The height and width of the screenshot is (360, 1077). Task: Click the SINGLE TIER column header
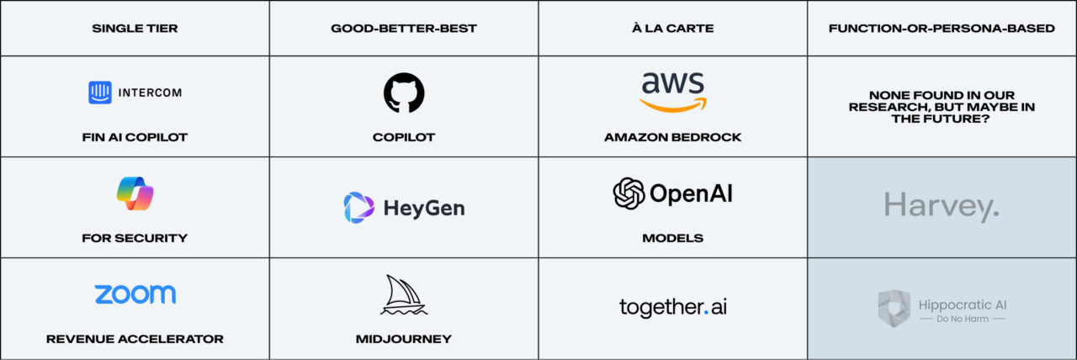pyautogui.click(x=135, y=29)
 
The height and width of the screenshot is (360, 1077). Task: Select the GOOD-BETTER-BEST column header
pyautogui.click(x=404, y=29)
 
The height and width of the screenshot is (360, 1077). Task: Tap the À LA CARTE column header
pyautogui.click(x=673, y=29)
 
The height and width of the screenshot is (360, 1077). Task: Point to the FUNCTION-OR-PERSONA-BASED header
pyautogui.click(x=942, y=29)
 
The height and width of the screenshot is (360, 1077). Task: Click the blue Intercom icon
pyautogui.click(x=100, y=93)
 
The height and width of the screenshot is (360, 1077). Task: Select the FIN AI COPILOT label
pyautogui.click(x=135, y=137)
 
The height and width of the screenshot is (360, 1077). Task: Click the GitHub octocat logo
pyautogui.click(x=404, y=93)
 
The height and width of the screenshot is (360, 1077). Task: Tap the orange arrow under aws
pyautogui.click(x=672, y=106)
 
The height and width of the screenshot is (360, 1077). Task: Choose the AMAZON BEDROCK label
pyautogui.click(x=673, y=137)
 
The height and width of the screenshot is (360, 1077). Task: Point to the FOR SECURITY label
pyautogui.click(x=135, y=238)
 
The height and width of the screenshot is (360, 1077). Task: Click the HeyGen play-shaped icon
pyautogui.click(x=359, y=208)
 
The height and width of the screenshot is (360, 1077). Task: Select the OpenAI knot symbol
pyautogui.click(x=629, y=193)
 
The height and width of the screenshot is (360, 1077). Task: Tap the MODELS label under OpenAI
pyautogui.click(x=673, y=238)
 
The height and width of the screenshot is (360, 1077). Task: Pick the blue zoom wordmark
pyautogui.click(x=135, y=294)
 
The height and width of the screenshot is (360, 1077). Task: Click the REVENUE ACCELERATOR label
pyautogui.click(x=135, y=339)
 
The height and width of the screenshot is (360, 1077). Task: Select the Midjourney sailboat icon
pyautogui.click(x=404, y=295)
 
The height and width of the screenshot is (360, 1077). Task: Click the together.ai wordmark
pyautogui.click(x=673, y=308)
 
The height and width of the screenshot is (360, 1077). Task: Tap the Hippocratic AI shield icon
pyautogui.click(x=894, y=308)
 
